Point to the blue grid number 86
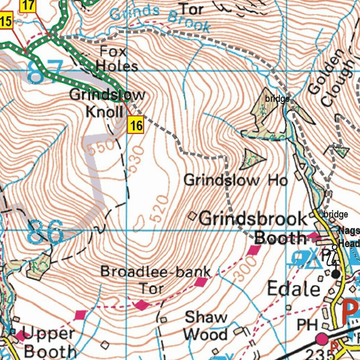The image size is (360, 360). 45,232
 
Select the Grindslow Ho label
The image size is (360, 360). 236,180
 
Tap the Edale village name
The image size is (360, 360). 294,289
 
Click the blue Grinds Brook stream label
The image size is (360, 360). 160,18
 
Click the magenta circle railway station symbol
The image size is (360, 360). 322,339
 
